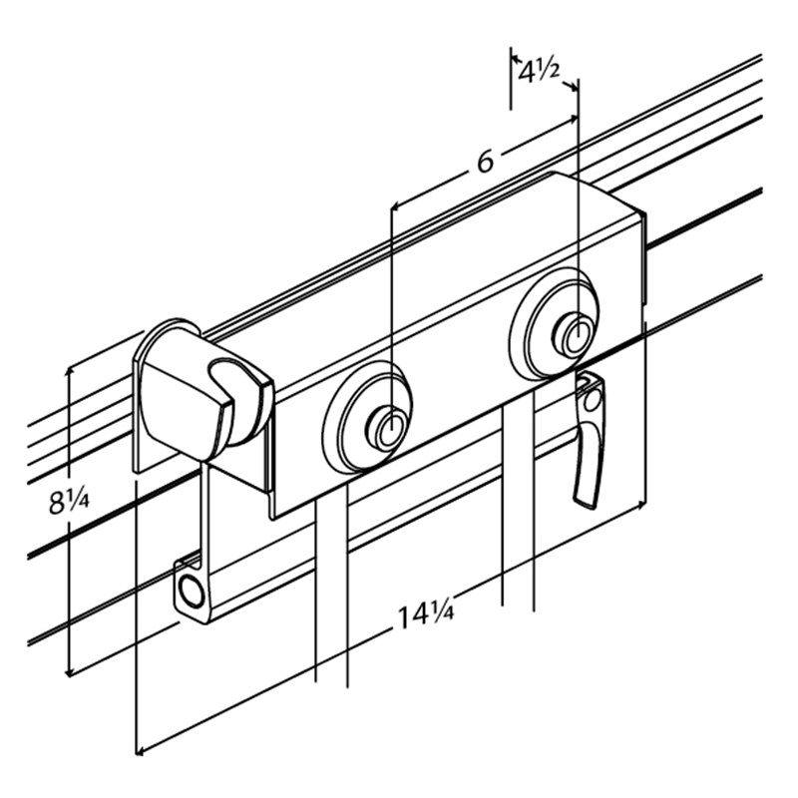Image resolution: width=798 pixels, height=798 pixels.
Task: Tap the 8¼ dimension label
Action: (x=70, y=503)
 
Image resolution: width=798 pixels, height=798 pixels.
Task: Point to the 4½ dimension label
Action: (x=539, y=72)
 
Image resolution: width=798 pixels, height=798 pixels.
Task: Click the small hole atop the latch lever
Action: (x=593, y=400)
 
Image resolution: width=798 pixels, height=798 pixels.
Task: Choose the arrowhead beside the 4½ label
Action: (x=574, y=87)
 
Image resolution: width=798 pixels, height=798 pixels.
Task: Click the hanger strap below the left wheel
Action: (x=331, y=589)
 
